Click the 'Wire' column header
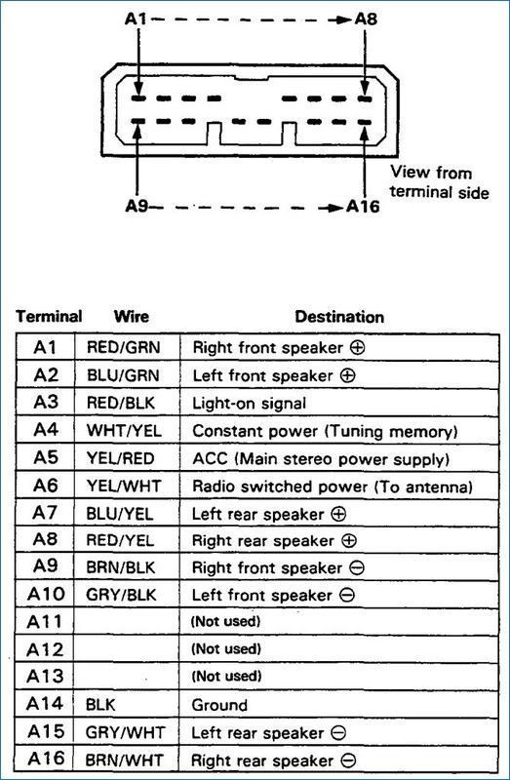131,317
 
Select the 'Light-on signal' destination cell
250,403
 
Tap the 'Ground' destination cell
220,705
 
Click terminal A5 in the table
46,457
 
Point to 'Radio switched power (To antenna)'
333,486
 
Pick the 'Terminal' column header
48,317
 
